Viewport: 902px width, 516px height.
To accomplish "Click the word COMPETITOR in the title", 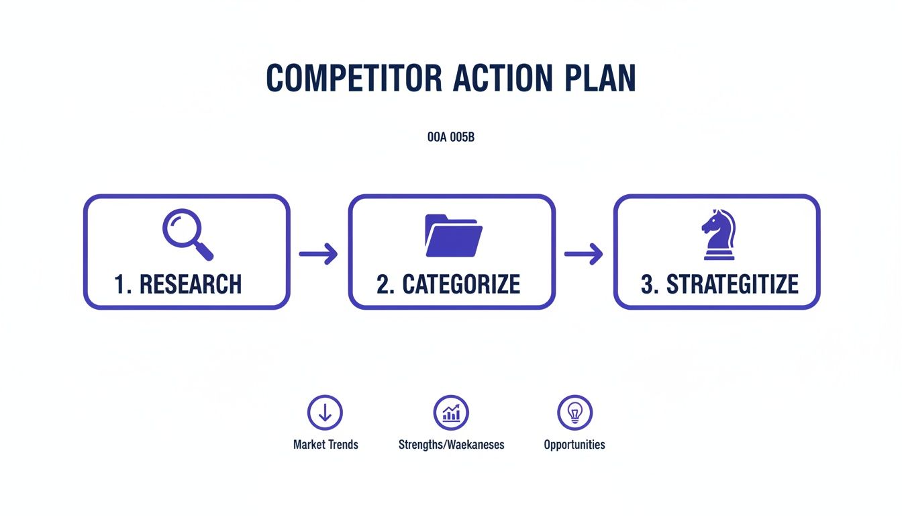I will [x=354, y=79].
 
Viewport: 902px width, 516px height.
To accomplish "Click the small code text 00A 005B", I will [x=451, y=138].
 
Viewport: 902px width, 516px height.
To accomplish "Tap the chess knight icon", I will [x=717, y=234].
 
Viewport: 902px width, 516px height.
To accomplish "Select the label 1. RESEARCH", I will [x=178, y=284].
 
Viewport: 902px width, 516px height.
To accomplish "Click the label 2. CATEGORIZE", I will [x=448, y=284].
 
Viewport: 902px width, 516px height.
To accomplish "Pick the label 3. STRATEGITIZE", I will [x=719, y=284].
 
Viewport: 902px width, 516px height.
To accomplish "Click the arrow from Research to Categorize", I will [x=318, y=254].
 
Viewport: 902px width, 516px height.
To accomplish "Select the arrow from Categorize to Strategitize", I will [x=583, y=254].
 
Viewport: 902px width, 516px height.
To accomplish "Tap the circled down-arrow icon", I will [x=325, y=413].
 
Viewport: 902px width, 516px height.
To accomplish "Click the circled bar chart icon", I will [x=451, y=413].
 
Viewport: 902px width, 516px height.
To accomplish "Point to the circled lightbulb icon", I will [x=574, y=413].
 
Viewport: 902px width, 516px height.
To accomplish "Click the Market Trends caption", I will [x=325, y=445].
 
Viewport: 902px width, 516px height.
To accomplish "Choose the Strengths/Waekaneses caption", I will [x=451, y=445].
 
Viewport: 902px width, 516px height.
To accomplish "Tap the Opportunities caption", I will [x=574, y=445].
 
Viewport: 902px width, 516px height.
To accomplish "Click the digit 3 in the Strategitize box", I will [x=647, y=284].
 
